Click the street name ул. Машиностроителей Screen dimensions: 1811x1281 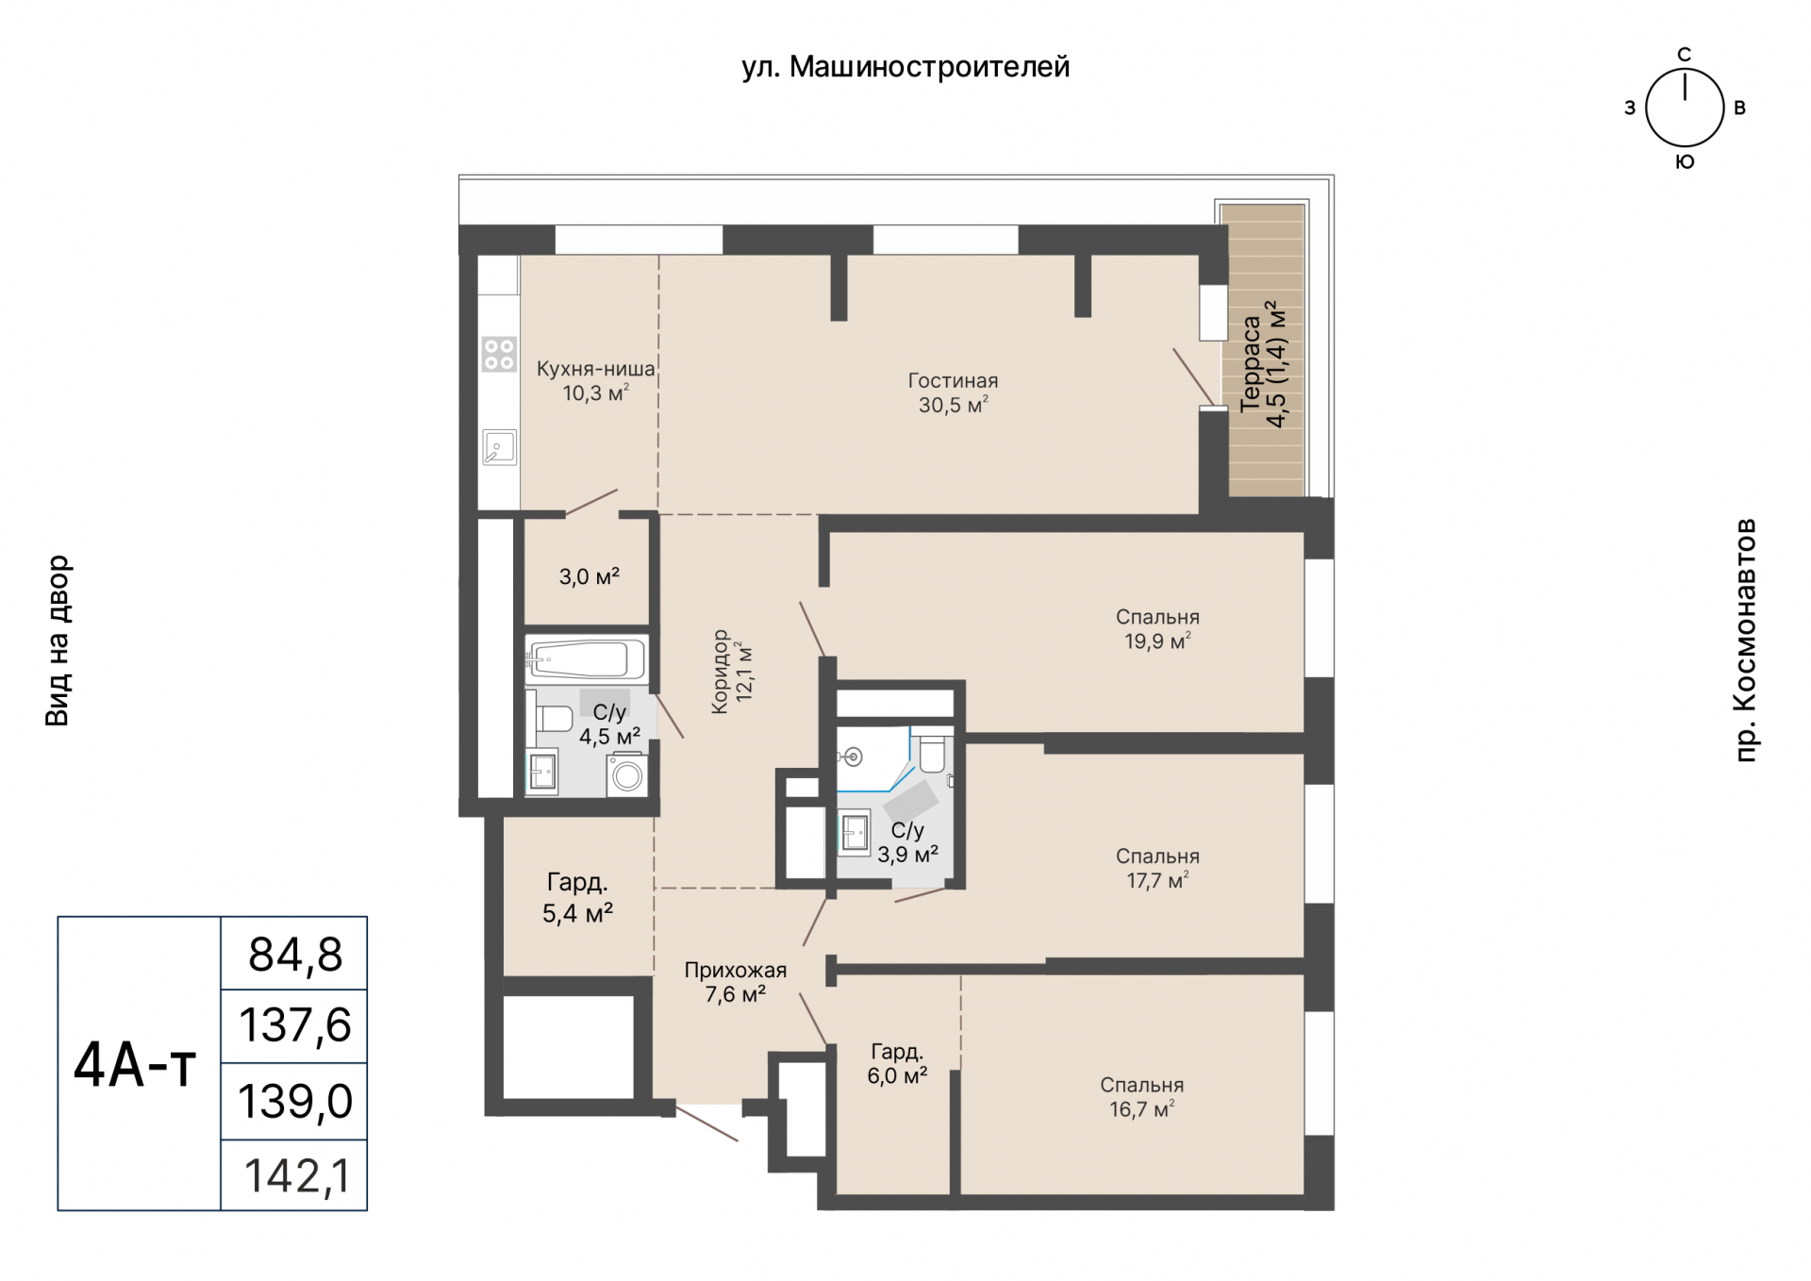pos(905,67)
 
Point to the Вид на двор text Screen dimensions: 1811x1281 pos(58,640)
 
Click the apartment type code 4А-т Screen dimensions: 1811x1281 pos(135,1065)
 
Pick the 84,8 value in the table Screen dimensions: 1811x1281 pos(295,954)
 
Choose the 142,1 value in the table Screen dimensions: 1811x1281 pos(297,1176)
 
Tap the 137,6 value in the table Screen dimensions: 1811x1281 pos(295,1025)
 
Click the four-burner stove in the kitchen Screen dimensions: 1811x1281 pos(499,355)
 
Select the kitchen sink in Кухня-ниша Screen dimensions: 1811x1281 pos(499,447)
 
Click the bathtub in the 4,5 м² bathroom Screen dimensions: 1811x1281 pos(586,658)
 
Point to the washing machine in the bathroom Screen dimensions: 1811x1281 pos(626,774)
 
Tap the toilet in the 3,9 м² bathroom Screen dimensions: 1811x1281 pos(932,751)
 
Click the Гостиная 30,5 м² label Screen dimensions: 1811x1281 pos(953,392)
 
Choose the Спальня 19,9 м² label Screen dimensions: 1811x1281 pos(1157,629)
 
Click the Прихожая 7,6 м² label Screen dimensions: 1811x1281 pos(736,982)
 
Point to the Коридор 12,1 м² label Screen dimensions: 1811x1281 pos(731,672)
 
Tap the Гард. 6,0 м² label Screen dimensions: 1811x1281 pos(897,1063)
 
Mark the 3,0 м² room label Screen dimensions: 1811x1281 pos(590,576)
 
